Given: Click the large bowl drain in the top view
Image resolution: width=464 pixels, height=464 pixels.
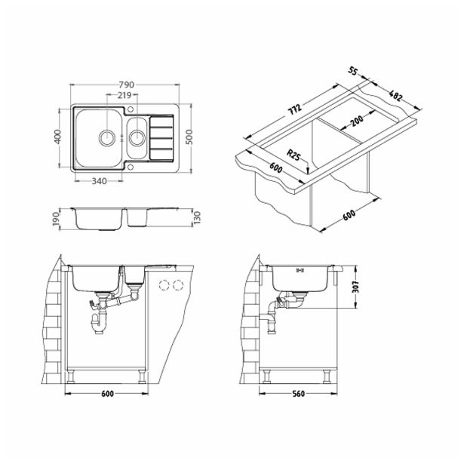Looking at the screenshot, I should click(x=109, y=137).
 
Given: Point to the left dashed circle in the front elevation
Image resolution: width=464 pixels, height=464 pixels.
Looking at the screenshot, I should click(x=164, y=285).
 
